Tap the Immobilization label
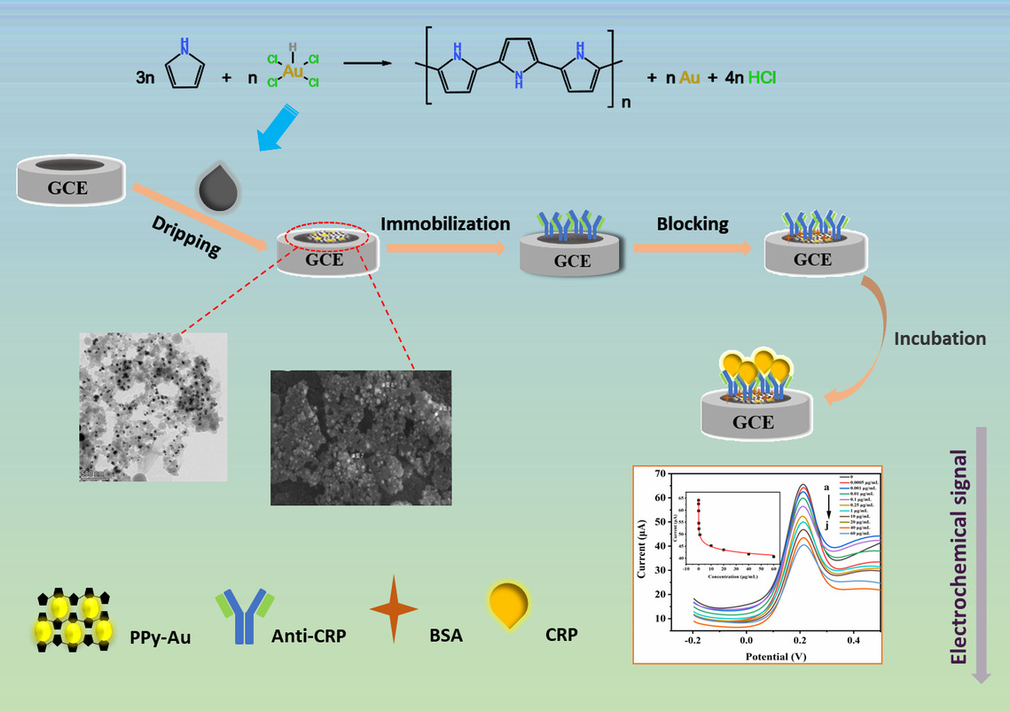coord(445,224)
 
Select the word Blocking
coord(693,224)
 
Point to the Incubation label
coord(939,339)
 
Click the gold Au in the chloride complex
coord(294,70)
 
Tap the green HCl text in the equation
coord(762,78)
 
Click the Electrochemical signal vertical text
coord(958,555)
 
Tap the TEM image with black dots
coord(153,406)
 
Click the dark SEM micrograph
coord(361,438)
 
